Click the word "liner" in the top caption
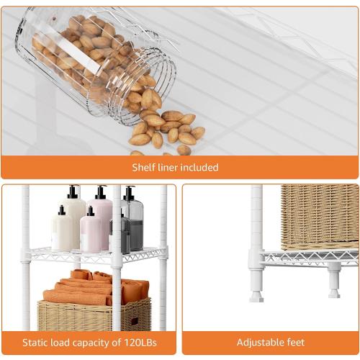coord(169,167)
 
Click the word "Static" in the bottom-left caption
coord(35,342)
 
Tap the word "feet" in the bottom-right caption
coord(294,342)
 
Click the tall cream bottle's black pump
coord(73,192)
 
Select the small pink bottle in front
coord(91,231)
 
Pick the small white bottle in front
coord(62,231)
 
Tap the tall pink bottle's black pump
coord(101,192)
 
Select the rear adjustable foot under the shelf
coord(333,279)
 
